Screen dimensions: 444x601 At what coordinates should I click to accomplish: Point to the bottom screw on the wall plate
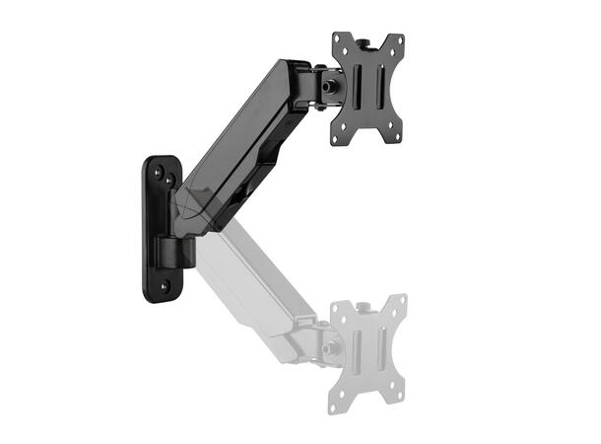(x=165, y=285)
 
